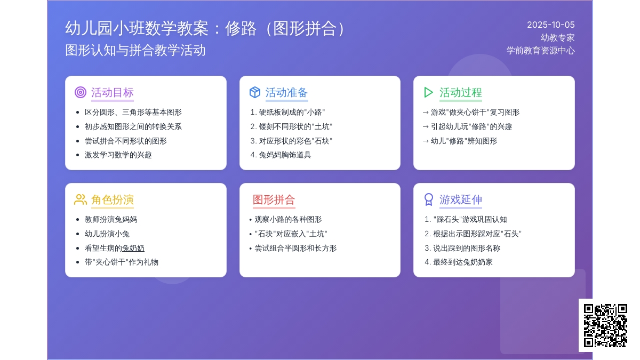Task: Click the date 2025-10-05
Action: pos(550,25)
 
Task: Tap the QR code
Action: pos(605,325)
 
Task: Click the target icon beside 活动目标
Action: pos(81,92)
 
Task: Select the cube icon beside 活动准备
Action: pos(255,92)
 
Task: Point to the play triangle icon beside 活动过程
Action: pos(428,92)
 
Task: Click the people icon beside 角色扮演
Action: pos(81,199)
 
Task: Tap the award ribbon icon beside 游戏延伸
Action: pos(429,199)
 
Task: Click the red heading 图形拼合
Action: pos(274,199)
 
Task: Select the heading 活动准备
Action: pos(286,93)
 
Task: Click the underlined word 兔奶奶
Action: pos(133,248)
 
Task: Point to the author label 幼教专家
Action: pos(557,38)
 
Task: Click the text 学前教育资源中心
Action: pos(541,51)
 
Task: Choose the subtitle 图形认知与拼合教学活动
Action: pos(135,50)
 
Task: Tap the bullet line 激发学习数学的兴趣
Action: pos(118,155)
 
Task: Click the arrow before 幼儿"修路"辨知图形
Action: pos(426,141)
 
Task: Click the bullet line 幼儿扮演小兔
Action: pos(107,234)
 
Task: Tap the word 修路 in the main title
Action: pos(241,29)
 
